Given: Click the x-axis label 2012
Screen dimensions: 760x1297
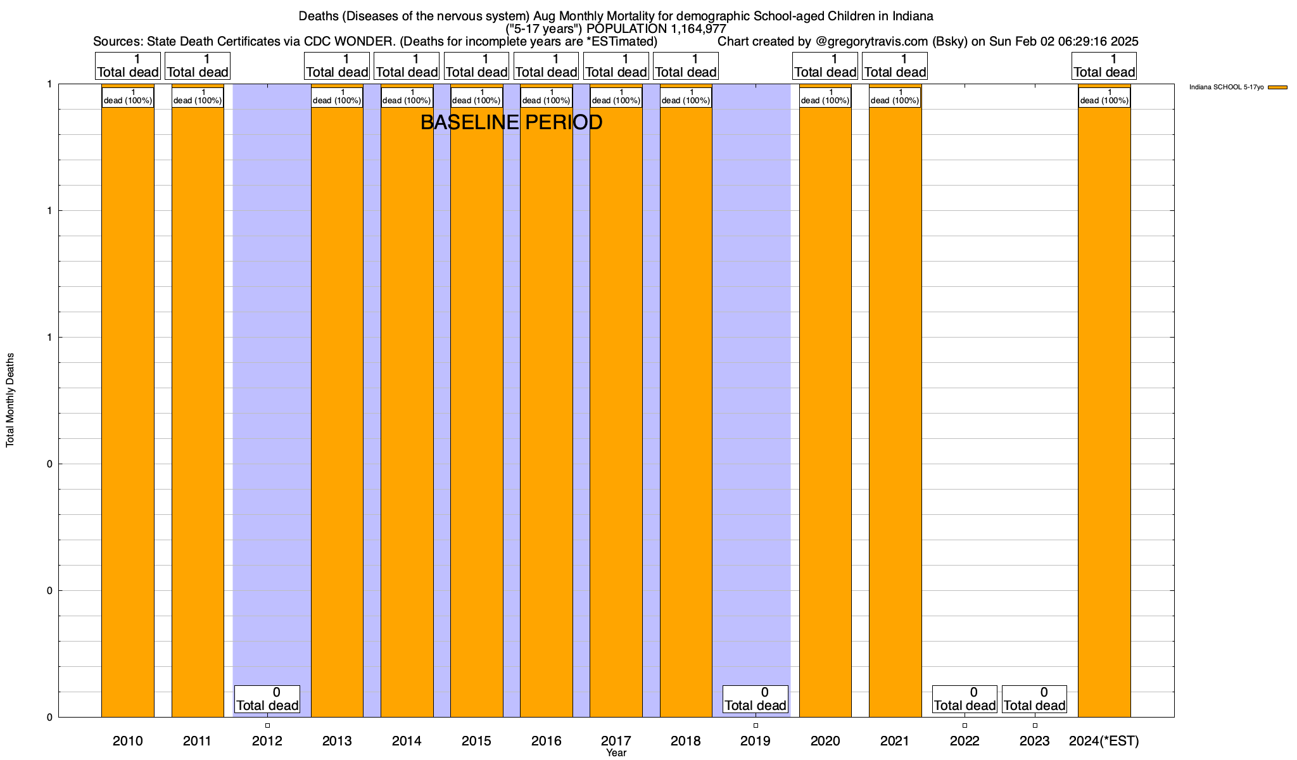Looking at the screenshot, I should [x=267, y=741].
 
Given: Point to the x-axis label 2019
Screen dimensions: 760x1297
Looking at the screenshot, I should [x=756, y=741].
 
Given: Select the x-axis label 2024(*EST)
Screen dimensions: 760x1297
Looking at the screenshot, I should [x=1104, y=741].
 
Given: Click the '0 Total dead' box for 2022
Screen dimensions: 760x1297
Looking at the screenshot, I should [x=965, y=699].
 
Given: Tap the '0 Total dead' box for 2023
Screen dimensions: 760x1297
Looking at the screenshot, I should [x=1034, y=699].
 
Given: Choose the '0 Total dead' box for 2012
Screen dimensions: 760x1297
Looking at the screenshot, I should [x=267, y=699].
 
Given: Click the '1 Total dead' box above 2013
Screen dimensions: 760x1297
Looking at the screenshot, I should [x=337, y=66].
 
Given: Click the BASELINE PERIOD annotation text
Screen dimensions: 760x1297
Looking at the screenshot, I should [x=511, y=123].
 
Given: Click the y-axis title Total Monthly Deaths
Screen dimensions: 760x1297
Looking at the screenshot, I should [x=10, y=400].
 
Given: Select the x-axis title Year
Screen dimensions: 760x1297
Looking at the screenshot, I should [x=616, y=753].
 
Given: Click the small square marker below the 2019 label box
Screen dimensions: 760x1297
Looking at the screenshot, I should [x=756, y=725].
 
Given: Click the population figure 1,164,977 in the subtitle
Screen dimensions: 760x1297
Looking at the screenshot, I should [x=690, y=29].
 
